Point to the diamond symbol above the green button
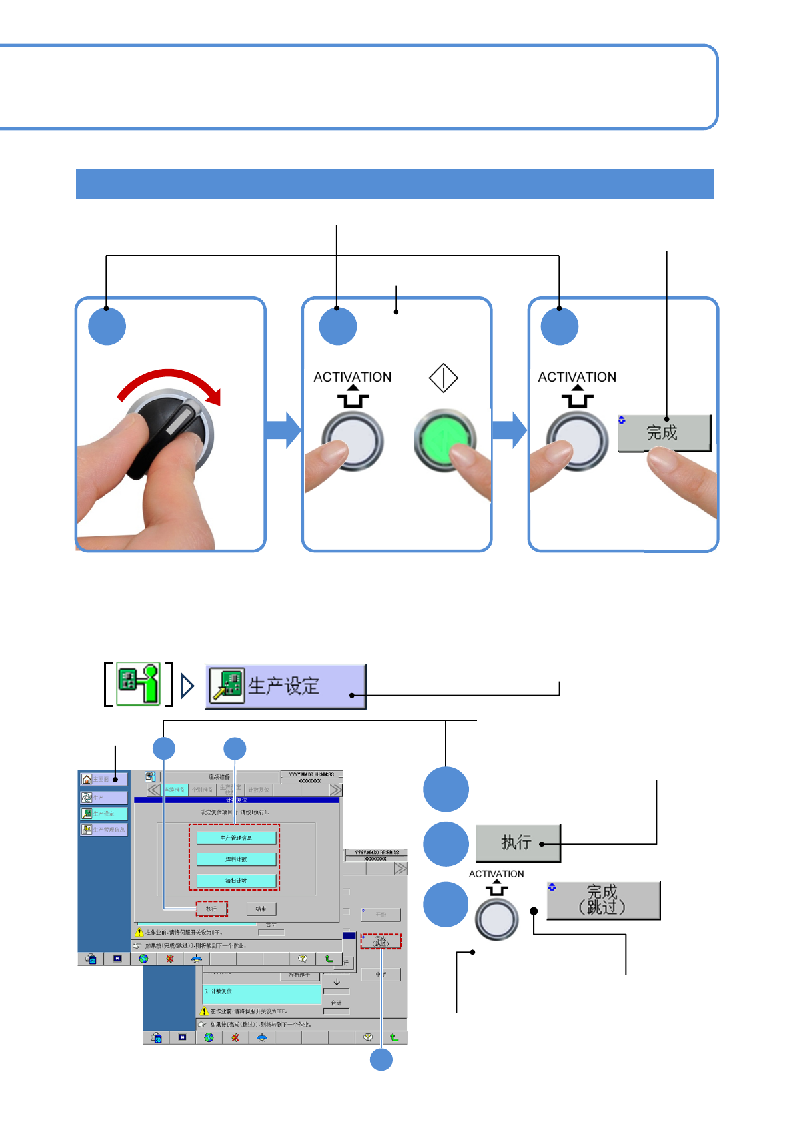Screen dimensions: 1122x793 (x=443, y=378)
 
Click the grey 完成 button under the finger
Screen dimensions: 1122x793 (x=664, y=433)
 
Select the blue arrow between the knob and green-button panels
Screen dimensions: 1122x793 (x=283, y=430)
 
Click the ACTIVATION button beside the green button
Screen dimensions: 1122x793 (x=353, y=442)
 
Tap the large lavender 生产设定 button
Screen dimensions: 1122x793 (x=285, y=686)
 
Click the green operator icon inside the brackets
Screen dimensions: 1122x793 (x=139, y=684)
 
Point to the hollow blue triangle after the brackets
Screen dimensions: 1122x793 (x=187, y=686)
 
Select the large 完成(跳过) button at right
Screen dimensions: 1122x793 (x=603, y=900)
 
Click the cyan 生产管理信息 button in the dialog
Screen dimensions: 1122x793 (x=236, y=838)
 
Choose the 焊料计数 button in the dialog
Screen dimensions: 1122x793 (x=236, y=859)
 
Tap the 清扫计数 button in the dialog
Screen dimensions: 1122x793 (x=236, y=881)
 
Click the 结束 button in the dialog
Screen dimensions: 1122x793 (x=261, y=909)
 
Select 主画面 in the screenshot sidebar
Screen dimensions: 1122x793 (x=103, y=779)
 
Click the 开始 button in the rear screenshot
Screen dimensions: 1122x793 (x=381, y=915)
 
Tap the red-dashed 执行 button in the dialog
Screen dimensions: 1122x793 (x=211, y=909)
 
